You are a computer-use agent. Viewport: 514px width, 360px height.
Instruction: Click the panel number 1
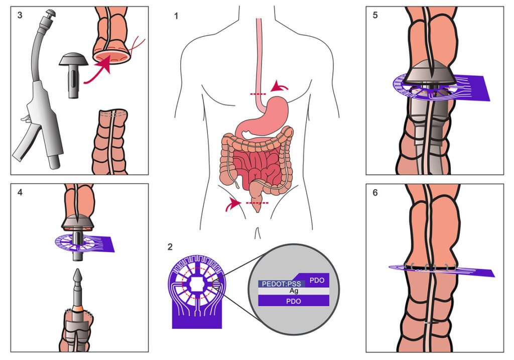coord(176,16)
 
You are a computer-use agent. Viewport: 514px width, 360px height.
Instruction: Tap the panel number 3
coord(20,16)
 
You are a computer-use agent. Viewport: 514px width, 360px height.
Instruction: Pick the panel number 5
coord(375,16)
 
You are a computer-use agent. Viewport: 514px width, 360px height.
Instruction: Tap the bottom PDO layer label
coord(294,300)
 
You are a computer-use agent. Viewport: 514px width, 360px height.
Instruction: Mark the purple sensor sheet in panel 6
coord(442,270)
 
